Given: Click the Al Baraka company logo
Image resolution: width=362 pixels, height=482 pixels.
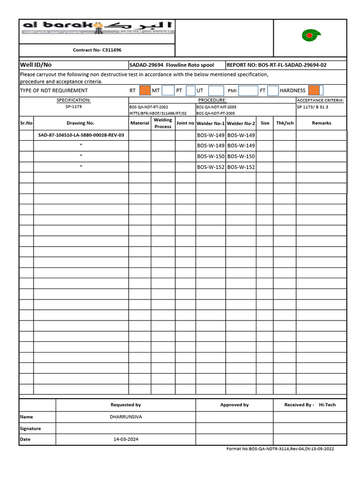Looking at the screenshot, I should tap(97, 28).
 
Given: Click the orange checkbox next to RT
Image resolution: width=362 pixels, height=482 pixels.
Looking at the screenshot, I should tap(145, 90).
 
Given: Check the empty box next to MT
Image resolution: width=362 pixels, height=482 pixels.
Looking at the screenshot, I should tap(168, 90).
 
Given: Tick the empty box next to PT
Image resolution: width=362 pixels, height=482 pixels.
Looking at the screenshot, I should tap(190, 90).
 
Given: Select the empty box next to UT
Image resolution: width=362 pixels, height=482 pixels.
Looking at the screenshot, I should tap(216, 90).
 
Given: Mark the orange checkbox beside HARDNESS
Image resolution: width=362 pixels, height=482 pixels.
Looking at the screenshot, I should tap(315, 90).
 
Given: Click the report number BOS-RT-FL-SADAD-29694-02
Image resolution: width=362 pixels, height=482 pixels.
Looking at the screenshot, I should tap(276, 65).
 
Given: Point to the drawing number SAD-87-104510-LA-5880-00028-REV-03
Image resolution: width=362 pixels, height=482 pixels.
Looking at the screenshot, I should tap(81, 135).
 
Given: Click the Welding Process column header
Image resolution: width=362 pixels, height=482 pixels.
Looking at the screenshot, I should tap(163, 123).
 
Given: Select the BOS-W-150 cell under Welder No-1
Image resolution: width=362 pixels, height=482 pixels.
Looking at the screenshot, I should tap(211, 156).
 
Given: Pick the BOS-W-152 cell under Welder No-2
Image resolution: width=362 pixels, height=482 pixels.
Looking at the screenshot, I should tap(241, 167).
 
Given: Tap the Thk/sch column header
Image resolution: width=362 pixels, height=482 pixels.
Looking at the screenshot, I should tap(285, 123).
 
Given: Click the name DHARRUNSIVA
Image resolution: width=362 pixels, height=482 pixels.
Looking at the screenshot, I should tap(125, 417).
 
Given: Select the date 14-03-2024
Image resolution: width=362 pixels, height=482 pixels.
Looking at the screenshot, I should tap(126, 439).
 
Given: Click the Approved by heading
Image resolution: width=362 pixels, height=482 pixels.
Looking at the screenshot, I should tap(234, 405).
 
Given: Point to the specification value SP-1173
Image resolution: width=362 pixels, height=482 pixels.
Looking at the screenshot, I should tap(74, 107).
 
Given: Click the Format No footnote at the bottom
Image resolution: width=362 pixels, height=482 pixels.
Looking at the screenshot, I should tap(280, 449).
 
